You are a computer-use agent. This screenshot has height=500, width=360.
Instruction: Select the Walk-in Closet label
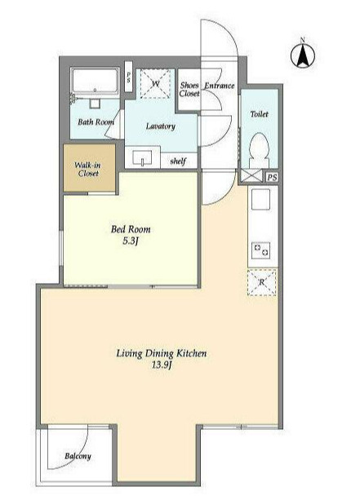88,169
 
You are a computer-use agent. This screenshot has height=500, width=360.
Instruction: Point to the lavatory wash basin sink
142,157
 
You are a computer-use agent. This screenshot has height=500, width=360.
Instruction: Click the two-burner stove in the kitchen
260,250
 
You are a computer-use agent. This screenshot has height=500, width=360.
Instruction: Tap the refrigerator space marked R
262,282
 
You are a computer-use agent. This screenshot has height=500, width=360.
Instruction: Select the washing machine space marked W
155,84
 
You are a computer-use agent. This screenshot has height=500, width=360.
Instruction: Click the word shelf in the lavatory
178,161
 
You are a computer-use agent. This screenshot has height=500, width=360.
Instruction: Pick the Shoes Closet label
189,89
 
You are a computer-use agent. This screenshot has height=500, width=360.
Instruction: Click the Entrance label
220,86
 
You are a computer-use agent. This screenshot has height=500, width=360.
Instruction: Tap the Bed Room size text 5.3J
131,241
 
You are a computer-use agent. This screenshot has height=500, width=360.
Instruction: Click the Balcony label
78,456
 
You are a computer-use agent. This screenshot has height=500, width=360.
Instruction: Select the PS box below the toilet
272,177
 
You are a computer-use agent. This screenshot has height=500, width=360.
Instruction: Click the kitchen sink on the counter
260,199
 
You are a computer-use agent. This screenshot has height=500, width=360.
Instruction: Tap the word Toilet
259,114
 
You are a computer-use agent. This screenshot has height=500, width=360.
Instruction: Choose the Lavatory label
160,126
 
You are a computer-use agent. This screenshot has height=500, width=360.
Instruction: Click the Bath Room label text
96,122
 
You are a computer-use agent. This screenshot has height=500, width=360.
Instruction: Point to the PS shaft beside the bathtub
129,77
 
